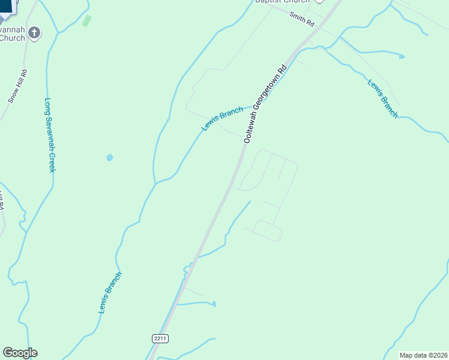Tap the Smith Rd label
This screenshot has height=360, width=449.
(x=301, y=20)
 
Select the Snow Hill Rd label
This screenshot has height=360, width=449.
(x=18, y=86)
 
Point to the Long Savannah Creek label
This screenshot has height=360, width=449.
(x=50, y=135)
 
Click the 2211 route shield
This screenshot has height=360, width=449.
(x=160, y=338)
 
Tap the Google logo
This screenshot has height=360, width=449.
(x=20, y=353)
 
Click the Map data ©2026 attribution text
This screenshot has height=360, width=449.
(x=423, y=355)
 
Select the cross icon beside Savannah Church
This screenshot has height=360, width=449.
(x=34, y=32)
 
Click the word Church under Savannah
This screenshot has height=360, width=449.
(x=12, y=38)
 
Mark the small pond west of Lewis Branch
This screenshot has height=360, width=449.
(x=109, y=158)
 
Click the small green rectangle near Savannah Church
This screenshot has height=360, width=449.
(x=87, y=21)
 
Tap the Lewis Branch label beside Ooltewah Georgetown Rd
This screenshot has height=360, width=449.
(x=222, y=118)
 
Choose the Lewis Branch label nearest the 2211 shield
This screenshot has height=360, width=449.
(x=110, y=293)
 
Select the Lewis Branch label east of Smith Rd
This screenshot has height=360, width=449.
(x=382, y=98)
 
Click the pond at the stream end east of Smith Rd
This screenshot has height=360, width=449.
(x=402, y=56)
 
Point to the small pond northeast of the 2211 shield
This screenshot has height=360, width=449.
(x=214, y=304)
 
